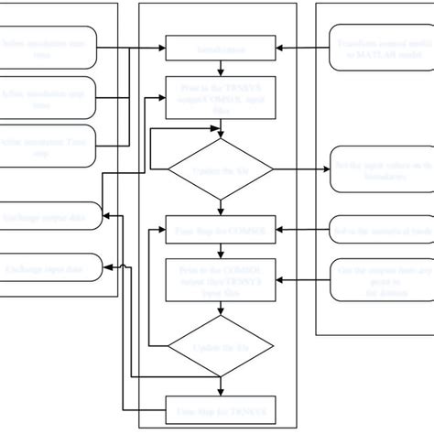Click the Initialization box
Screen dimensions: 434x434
click(220, 46)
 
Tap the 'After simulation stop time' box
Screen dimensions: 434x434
click(48, 100)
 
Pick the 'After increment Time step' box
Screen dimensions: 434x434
click(48, 146)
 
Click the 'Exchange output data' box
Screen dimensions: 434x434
click(48, 217)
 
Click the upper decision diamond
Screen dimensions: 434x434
click(220, 169)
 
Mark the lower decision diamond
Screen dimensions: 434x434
click(220, 347)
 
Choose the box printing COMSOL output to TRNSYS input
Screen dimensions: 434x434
click(220, 278)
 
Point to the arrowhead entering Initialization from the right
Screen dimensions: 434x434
click(280, 46)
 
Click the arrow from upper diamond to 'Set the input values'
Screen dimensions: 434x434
click(302, 169)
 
